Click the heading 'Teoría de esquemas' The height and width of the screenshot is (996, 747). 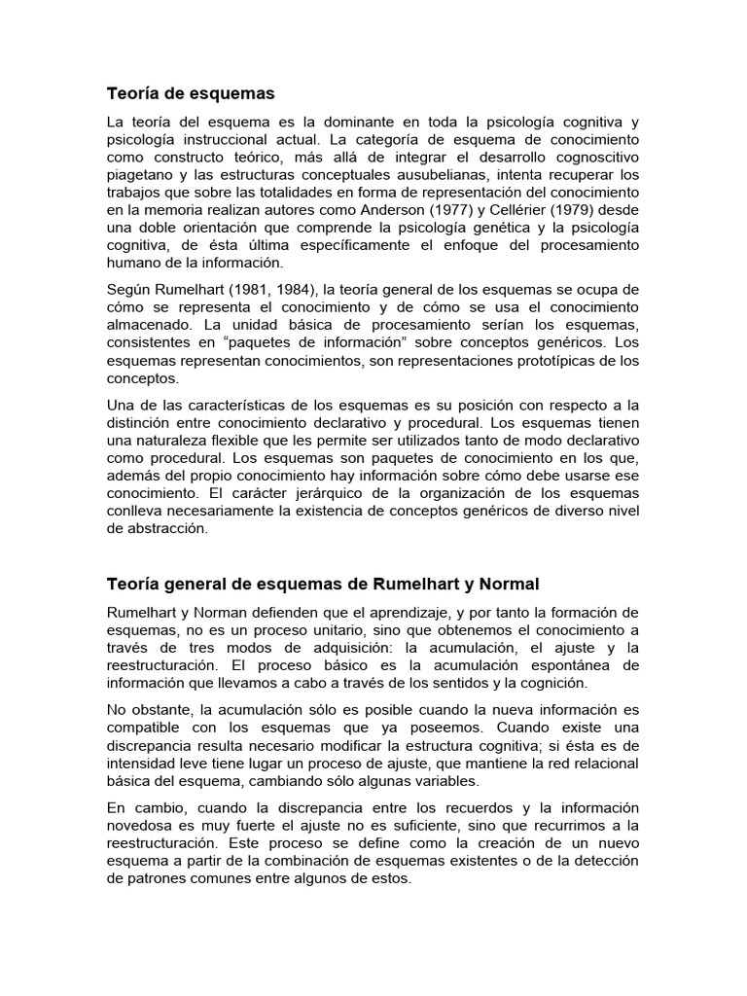tap(191, 93)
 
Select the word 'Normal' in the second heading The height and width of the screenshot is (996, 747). tap(505, 584)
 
